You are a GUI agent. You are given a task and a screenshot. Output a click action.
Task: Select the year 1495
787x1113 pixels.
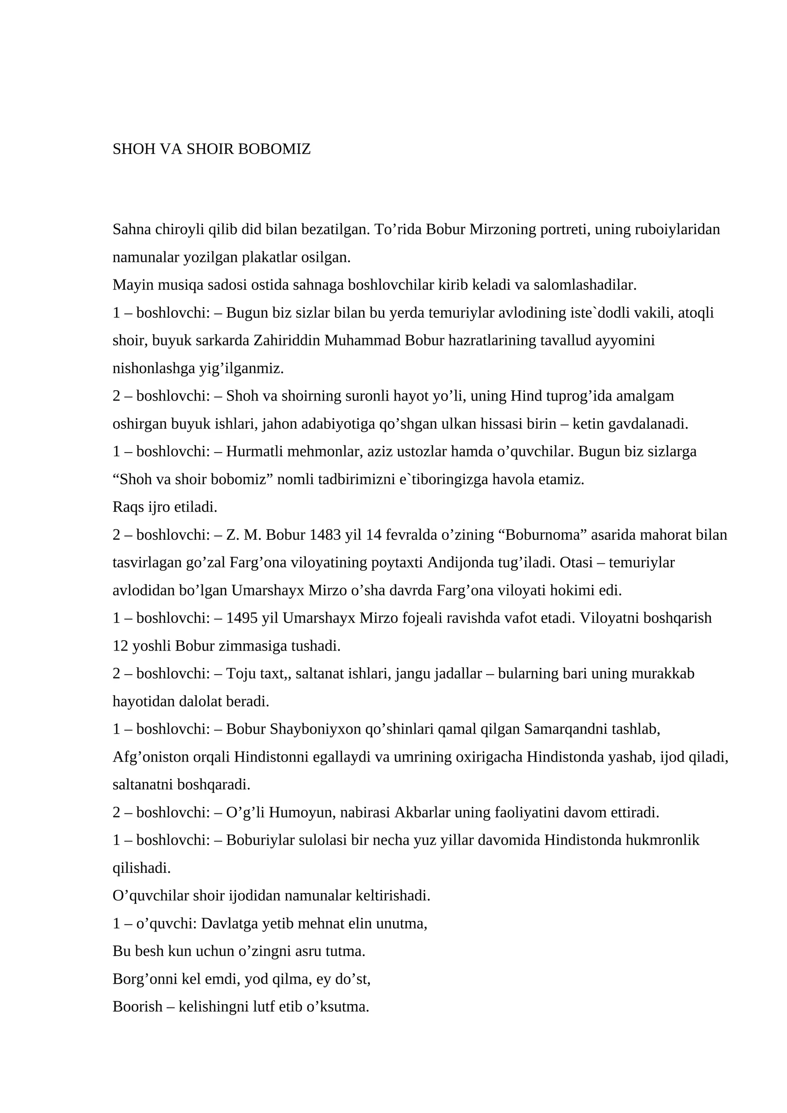pos(242,618)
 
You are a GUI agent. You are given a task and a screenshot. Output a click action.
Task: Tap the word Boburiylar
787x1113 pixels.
pos(260,840)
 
